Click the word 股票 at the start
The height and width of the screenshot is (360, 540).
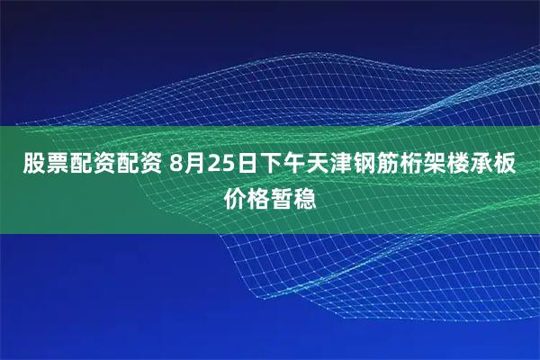coord(43,165)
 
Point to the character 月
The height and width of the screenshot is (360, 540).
coord(197,165)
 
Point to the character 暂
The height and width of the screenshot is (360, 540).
coord(283,196)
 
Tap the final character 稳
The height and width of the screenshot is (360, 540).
coord(307,196)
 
